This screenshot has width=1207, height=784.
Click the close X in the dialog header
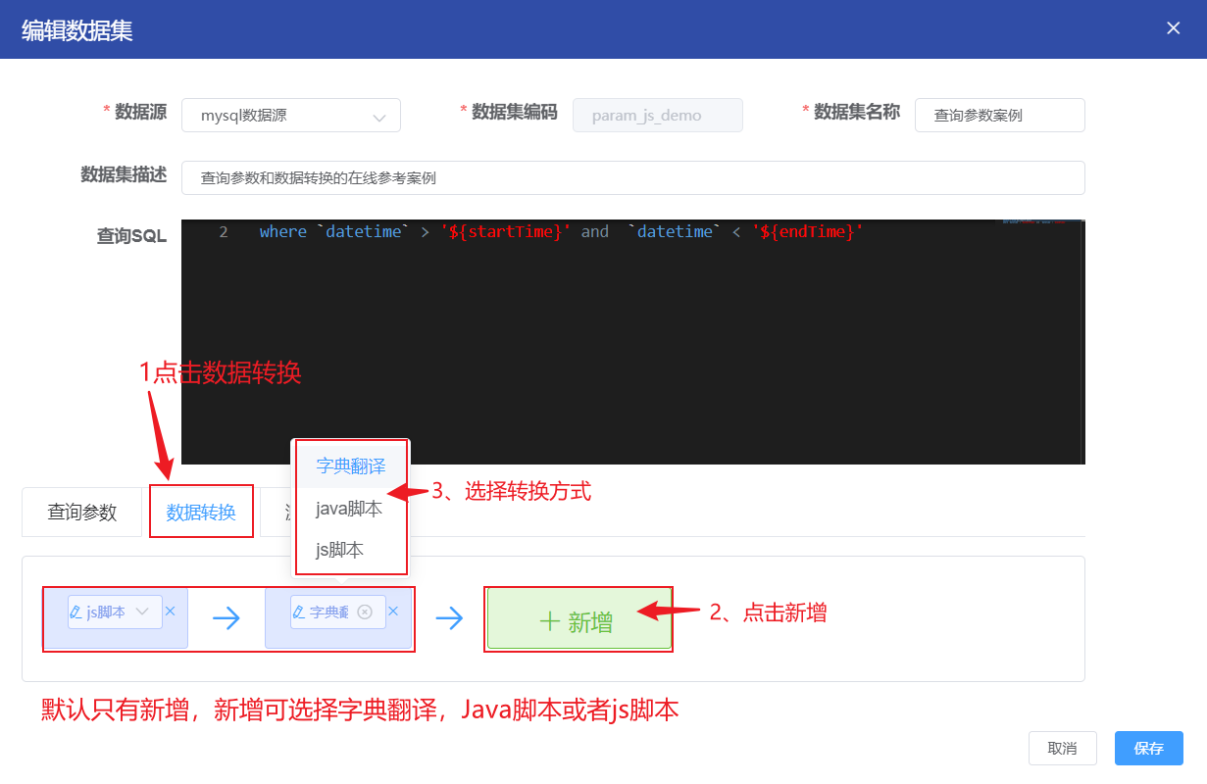[x=1173, y=28]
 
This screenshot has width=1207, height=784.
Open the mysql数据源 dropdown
[x=291, y=116]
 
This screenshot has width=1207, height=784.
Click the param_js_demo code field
[x=657, y=116]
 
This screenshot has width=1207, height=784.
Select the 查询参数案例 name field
[x=999, y=116]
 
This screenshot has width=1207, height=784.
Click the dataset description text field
[x=632, y=178]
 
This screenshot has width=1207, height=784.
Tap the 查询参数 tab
[x=82, y=513]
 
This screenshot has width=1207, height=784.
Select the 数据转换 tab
[x=201, y=513]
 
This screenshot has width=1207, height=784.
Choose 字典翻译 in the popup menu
[x=351, y=466]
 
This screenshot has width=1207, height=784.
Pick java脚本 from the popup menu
[x=349, y=509]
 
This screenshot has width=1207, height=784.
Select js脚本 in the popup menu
[x=340, y=550]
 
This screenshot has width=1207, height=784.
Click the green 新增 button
[x=578, y=621]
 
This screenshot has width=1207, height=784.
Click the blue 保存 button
[x=1148, y=749]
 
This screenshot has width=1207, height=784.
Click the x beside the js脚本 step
[x=170, y=612]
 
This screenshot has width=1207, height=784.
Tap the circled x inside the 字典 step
[x=365, y=612]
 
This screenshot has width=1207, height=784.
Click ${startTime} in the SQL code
[x=505, y=232]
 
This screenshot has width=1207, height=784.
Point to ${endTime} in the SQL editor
[x=807, y=232]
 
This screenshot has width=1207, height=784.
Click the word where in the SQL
[x=282, y=232]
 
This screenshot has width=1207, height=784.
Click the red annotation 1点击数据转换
[x=220, y=372]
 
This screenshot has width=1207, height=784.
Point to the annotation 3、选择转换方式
[x=511, y=491]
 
